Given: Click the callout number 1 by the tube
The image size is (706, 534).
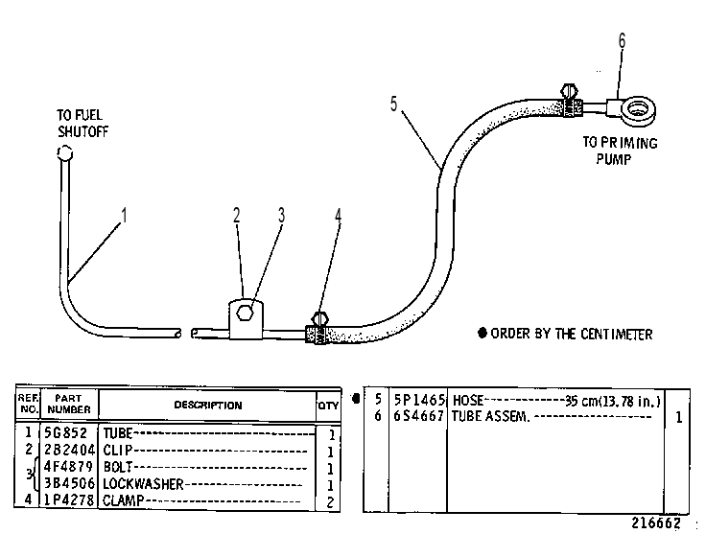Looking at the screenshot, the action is click(x=124, y=215).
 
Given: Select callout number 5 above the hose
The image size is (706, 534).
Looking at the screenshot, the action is click(x=394, y=104).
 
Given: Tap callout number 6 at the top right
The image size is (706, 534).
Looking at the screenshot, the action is click(x=622, y=41).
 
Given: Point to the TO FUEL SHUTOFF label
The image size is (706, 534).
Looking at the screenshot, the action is click(x=82, y=124).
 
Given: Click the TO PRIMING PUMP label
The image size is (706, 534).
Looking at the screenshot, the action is click(x=620, y=151).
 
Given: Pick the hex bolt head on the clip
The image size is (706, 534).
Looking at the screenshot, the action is click(x=244, y=312).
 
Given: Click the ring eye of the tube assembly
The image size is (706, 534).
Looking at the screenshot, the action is click(x=638, y=110).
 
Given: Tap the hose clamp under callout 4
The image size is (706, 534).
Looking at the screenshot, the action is click(x=318, y=329).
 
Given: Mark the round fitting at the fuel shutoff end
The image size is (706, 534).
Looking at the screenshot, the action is click(x=65, y=153).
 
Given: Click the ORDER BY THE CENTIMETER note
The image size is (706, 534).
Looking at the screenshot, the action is click(x=565, y=334).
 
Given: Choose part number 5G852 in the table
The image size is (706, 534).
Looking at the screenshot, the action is click(x=65, y=432).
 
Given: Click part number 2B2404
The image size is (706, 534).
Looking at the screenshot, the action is click(x=69, y=450).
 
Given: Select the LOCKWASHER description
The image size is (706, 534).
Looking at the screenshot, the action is click(x=143, y=484).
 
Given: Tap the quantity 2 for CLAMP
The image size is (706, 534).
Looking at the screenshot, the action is click(x=330, y=502).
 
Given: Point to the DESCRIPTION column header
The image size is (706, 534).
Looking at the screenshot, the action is click(x=208, y=406).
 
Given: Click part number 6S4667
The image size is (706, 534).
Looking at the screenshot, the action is click(x=419, y=416).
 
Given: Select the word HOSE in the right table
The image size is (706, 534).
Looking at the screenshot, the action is click(x=468, y=400).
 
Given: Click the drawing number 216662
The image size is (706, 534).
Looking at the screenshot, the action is click(x=655, y=522).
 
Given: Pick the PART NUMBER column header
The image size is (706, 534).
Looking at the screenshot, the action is click(x=68, y=404).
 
